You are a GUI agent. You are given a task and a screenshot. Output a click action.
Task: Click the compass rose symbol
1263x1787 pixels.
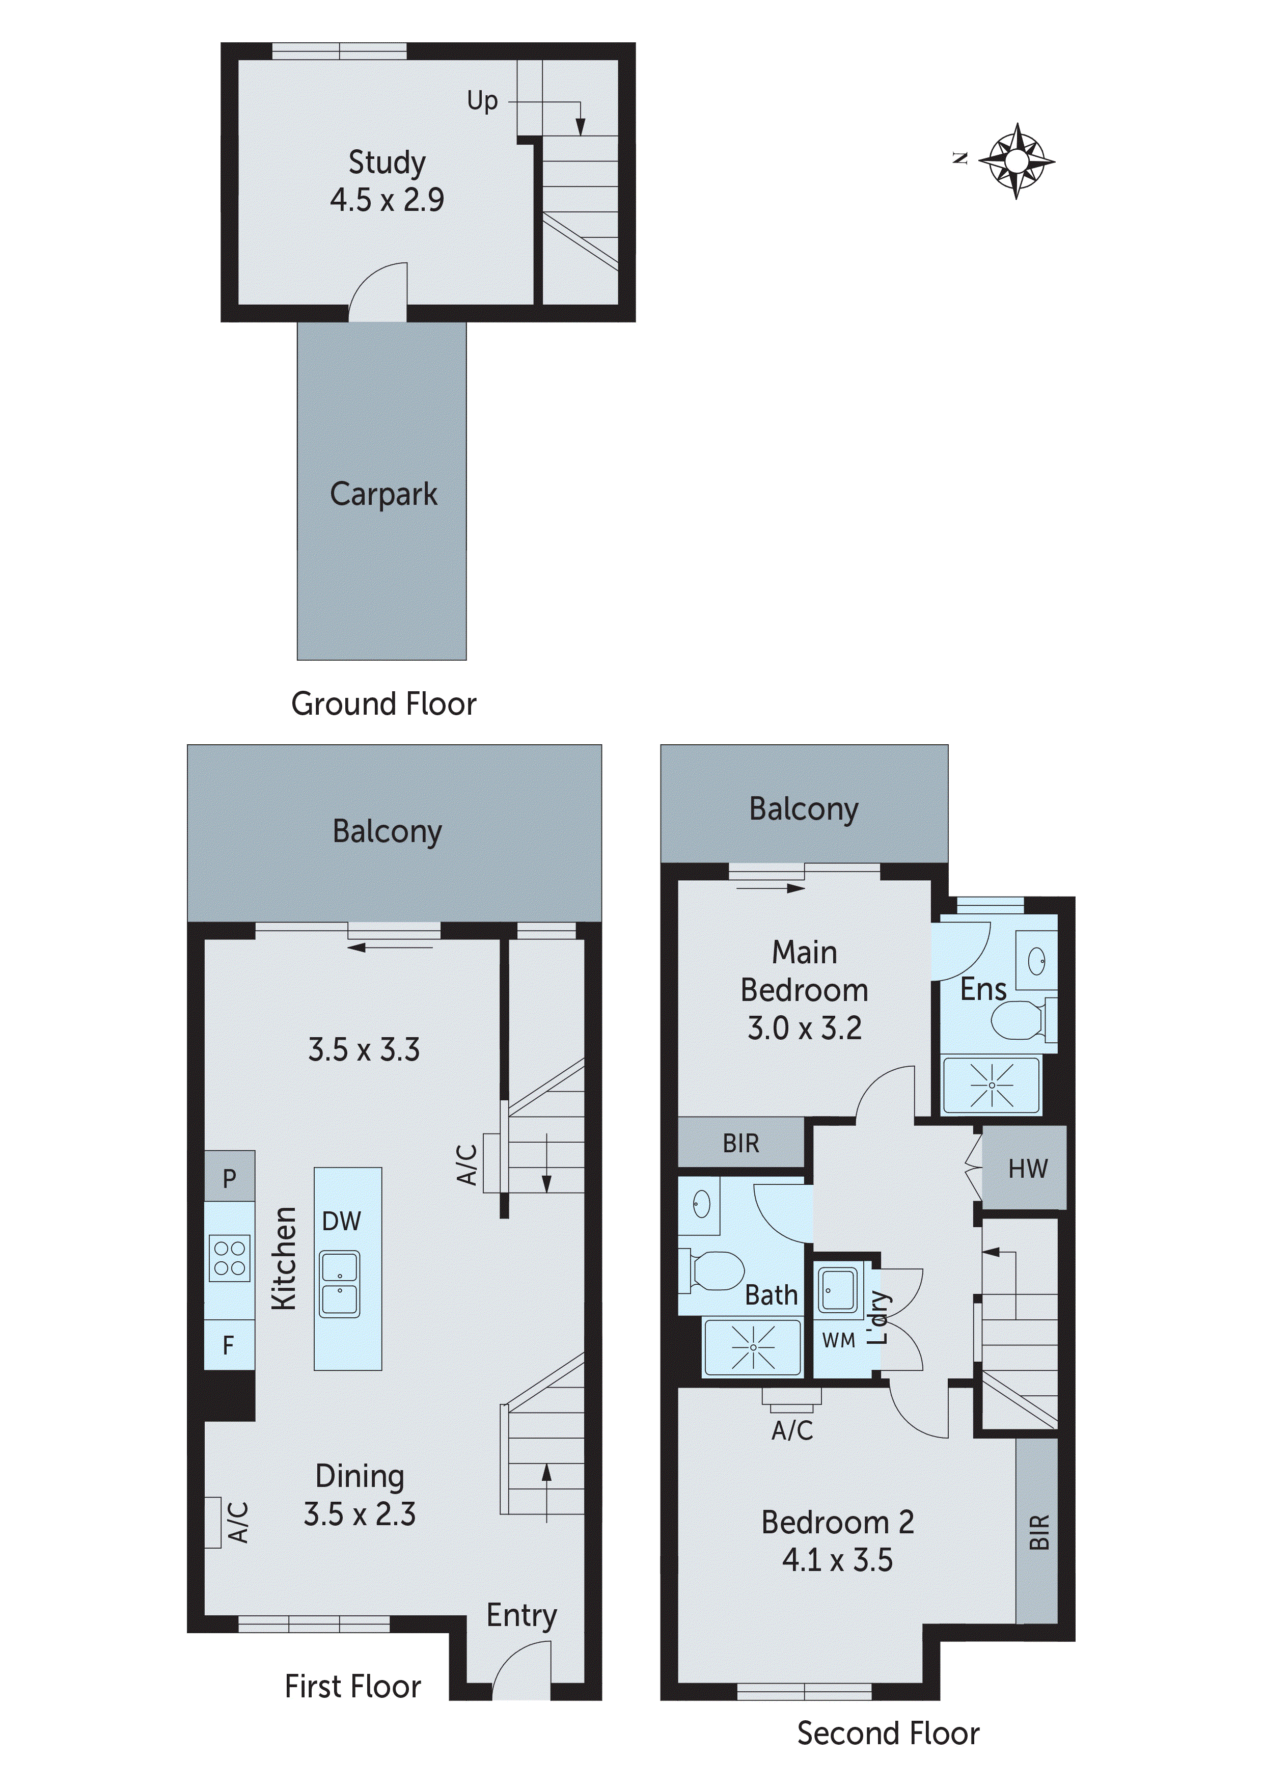(x=1017, y=161)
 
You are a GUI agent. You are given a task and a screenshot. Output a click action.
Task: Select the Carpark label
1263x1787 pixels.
(x=383, y=494)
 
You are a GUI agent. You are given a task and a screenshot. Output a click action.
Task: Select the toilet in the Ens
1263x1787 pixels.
(x=1020, y=1020)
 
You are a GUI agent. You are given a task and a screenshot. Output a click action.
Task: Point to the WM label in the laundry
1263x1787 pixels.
(x=838, y=1340)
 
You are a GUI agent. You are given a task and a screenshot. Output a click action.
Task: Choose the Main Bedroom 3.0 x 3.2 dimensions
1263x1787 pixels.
(x=805, y=1028)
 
